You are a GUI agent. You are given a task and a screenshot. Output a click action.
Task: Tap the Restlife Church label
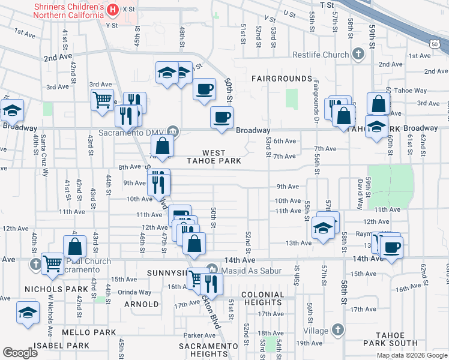321,55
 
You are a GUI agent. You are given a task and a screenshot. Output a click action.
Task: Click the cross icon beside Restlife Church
358,55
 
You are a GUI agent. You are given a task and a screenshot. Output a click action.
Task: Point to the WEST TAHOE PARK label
221,157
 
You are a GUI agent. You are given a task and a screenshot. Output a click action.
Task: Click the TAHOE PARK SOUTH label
396,339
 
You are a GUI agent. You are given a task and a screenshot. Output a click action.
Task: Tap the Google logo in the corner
20,353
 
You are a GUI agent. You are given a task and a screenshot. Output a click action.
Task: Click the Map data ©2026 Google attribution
412,355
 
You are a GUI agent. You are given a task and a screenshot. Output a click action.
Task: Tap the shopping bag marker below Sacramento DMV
163,145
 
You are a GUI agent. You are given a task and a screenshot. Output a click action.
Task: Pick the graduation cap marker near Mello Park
27,313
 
